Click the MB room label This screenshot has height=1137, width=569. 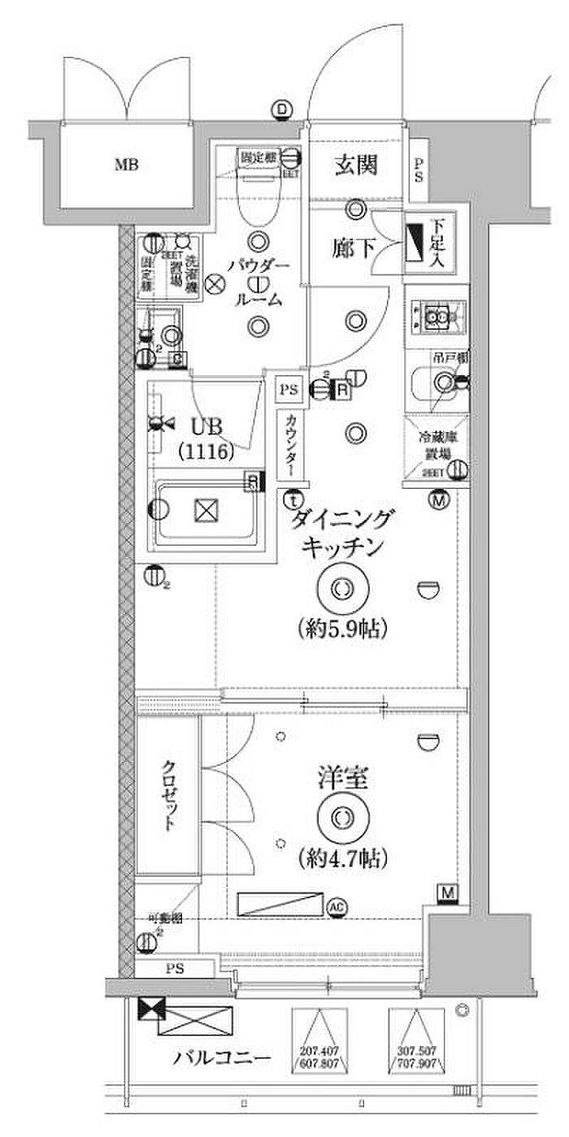125,166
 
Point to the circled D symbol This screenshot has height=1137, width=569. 282,110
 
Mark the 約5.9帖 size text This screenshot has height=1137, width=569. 341,628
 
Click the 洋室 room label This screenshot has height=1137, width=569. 342,780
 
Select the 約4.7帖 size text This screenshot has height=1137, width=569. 341,856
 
